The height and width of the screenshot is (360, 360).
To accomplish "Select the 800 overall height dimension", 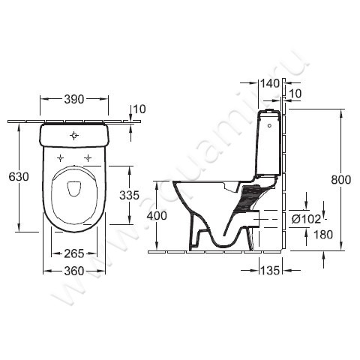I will [342, 179].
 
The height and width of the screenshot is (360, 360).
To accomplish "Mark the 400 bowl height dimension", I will [156, 215].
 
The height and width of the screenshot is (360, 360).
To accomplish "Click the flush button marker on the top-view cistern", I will [73, 136].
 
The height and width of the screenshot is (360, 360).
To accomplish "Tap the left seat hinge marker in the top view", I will [59, 158].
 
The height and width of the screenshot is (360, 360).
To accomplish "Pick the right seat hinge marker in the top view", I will [88, 158].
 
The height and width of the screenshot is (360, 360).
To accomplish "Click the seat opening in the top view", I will [73, 190].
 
